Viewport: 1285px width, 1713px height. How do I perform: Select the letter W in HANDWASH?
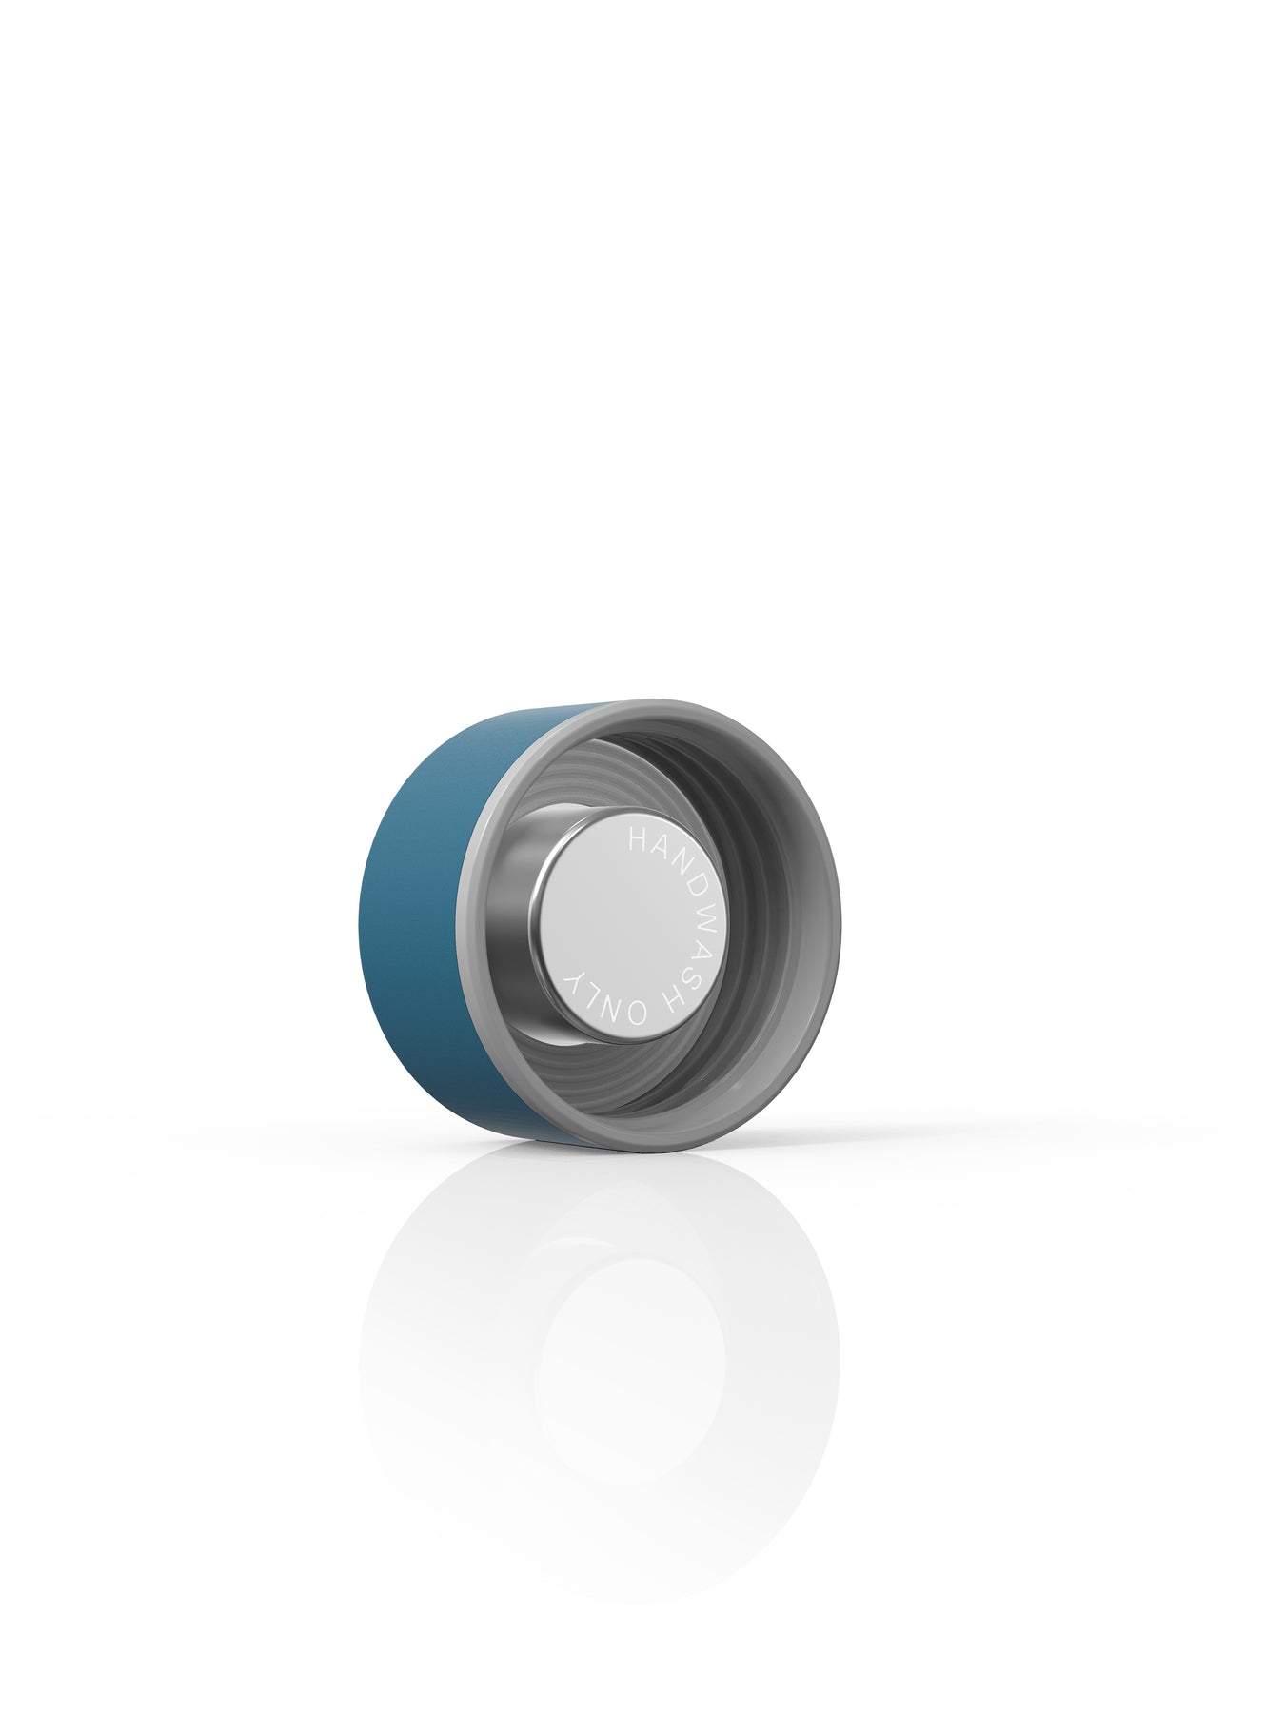[690, 903]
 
